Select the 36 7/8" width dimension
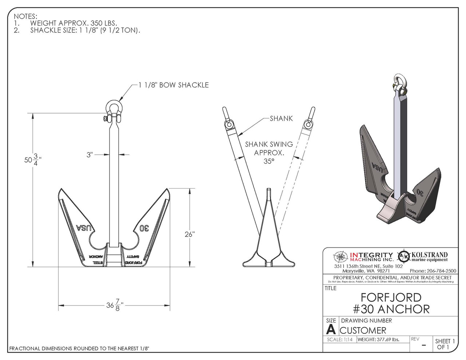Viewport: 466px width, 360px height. point(115,305)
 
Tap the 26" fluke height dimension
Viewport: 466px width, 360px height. point(189,234)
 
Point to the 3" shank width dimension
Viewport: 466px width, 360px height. point(90,155)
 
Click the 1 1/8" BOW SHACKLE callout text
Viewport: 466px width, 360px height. point(174,85)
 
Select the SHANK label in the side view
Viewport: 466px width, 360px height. point(281,118)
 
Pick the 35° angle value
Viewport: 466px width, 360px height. point(269,161)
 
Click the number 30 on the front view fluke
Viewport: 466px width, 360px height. point(144,228)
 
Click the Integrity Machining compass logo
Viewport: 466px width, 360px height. point(341,257)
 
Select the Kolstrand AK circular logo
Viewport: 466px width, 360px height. point(403,257)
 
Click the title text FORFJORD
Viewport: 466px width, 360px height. point(391,297)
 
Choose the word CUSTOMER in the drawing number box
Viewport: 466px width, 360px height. point(363,331)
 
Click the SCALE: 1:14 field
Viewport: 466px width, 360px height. point(339,340)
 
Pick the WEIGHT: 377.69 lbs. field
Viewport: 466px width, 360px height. point(378,340)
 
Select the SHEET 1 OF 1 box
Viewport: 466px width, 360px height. point(445,344)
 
